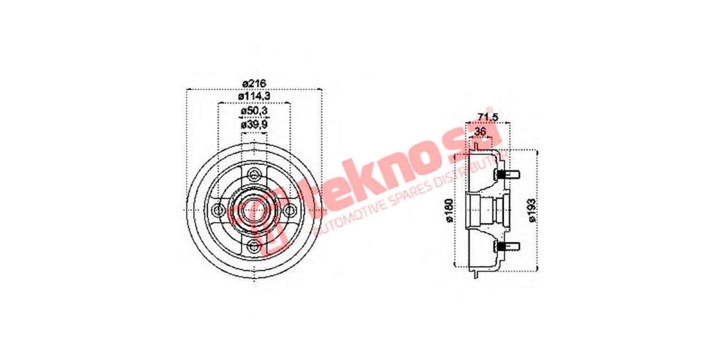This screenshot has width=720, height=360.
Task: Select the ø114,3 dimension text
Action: click(x=254, y=96)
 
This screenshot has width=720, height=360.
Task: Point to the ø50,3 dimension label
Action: click(x=254, y=112)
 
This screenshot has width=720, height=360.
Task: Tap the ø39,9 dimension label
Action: click(x=254, y=125)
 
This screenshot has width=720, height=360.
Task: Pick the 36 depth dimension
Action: click(x=480, y=131)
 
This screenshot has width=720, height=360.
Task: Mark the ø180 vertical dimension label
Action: click(x=450, y=210)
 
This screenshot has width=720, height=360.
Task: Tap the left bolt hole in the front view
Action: click(x=218, y=210)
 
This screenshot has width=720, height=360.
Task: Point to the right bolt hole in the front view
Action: click(x=290, y=210)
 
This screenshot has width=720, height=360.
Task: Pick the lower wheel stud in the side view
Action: click(x=508, y=246)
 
